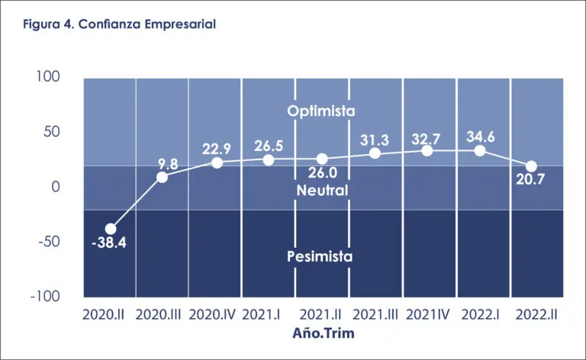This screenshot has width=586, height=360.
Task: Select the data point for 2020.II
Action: [x=111, y=229]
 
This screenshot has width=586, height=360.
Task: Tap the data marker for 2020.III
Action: [x=163, y=177]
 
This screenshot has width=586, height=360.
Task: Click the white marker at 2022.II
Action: [x=531, y=166]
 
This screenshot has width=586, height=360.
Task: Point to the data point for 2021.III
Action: [x=375, y=153]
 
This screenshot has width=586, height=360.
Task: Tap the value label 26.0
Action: [x=321, y=175]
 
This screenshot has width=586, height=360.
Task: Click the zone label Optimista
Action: [x=321, y=111]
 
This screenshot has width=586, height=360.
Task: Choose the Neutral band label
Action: [x=323, y=190]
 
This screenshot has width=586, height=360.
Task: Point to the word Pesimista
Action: [x=320, y=256]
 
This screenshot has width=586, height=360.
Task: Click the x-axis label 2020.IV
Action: [x=216, y=313]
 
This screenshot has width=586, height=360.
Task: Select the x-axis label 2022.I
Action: [x=480, y=313]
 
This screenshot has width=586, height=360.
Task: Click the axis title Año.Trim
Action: [x=324, y=333]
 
